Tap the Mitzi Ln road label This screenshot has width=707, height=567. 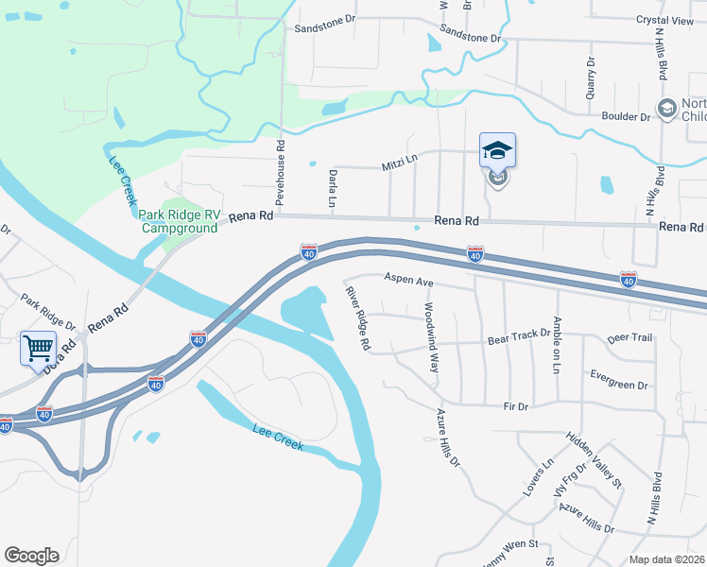pyautogui.click(x=399, y=163)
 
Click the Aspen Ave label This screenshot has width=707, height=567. pyautogui.click(x=407, y=282)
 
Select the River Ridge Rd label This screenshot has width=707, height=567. pyautogui.click(x=356, y=318)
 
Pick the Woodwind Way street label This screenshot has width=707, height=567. pyautogui.click(x=431, y=336)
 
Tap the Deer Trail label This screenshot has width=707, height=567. pyautogui.click(x=629, y=337)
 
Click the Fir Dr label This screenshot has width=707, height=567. pyautogui.click(x=516, y=406)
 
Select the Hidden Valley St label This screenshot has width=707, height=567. pyautogui.click(x=594, y=460)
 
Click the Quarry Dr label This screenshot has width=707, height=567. pyautogui.click(x=591, y=75)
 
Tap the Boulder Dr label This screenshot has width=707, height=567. pyautogui.click(x=626, y=117)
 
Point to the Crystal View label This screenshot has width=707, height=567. pyautogui.click(x=664, y=20)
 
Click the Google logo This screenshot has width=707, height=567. pyautogui.click(x=31, y=556)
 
